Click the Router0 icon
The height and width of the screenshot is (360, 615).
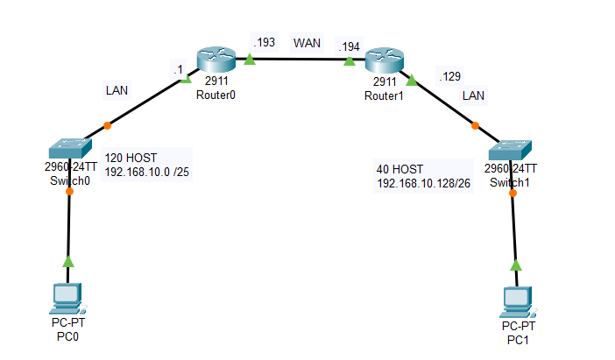pyautogui.click(x=215, y=60)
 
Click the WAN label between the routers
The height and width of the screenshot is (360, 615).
pyautogui.click(x=307, y=42)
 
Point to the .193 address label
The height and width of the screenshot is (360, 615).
pyautogui.click(x=262, y=42)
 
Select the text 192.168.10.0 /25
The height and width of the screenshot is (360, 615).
pyautogui.click(x=147, y=172)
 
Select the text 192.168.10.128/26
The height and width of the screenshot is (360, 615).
pyautogui.click(x=425, y=183)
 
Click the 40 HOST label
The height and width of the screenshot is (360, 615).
pyautogui.click(x=400, y=168)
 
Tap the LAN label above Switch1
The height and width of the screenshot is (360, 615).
pyautogui.click(x=473, y=94)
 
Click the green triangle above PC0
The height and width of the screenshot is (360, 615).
pyautogui.click(x=67, y=260)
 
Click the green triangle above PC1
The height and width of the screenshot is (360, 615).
pyautogui.click(x=516, y=265)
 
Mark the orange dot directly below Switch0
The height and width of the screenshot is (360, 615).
pyautogui.click(x=69, y=191)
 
